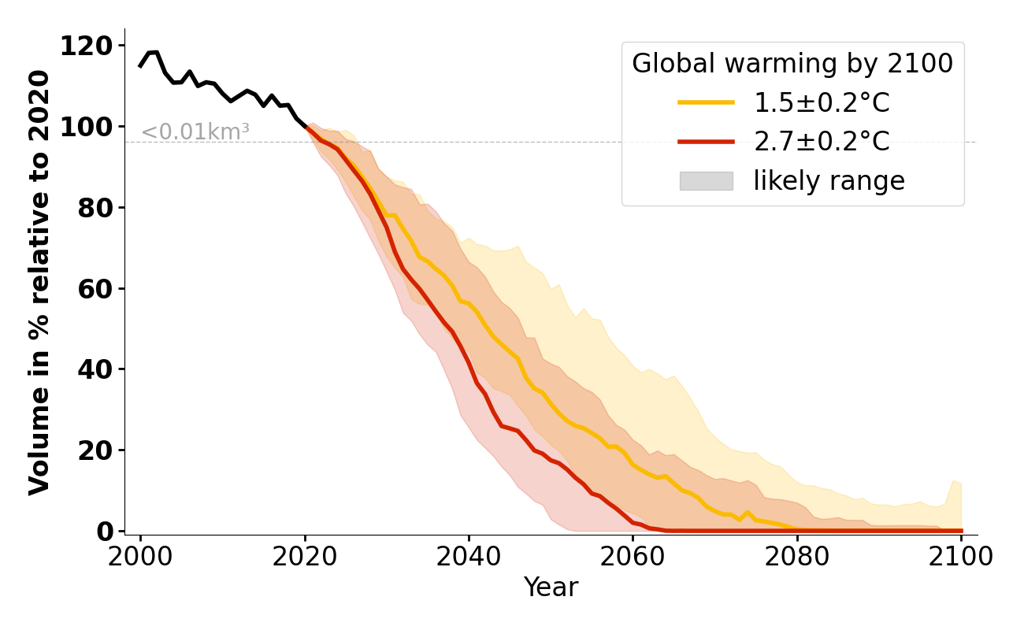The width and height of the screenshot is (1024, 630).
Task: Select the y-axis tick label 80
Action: tap(95, 208)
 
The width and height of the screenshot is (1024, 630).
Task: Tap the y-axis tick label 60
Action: tap(95, 289)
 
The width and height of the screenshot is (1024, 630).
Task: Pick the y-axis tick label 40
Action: tap(95, 369)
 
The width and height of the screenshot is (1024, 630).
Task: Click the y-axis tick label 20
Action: tap(95, 450)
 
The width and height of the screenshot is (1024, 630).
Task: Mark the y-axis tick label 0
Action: tap(104, 532)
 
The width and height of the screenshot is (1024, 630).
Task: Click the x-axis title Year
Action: tap(551, 587)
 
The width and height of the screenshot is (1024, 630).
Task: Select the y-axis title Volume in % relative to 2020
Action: tap(40, 282)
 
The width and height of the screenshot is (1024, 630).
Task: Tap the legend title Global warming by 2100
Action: tap(792, 64)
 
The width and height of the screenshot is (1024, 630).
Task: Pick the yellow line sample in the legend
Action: tap(706, 102)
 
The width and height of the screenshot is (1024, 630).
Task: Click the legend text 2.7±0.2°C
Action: tap(822, 142)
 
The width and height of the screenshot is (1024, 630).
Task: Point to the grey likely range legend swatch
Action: tap(706, 181)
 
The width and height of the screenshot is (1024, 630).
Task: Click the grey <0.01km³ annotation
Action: tap(195, 132)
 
